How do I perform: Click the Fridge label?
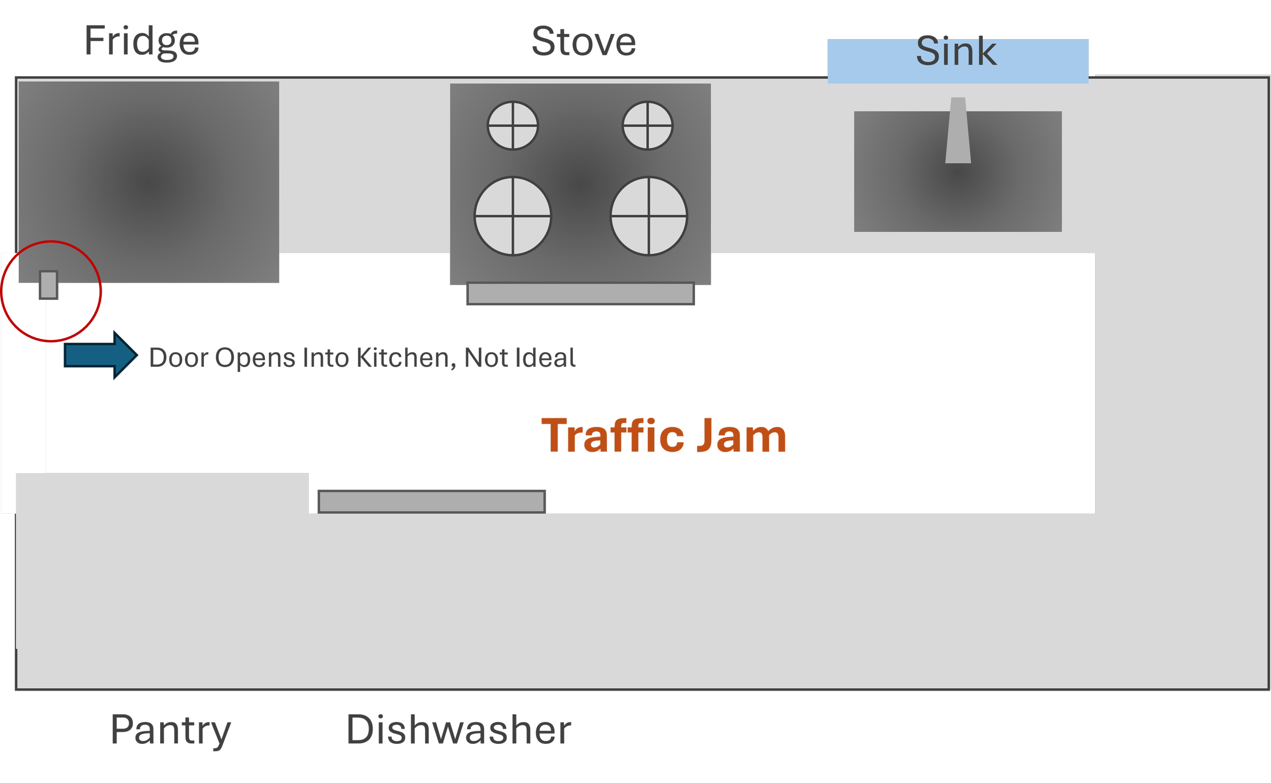coord(141,44)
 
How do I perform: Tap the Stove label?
coord(584,42)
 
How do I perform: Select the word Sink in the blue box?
coord(956,52)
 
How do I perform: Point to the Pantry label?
coord(170,730)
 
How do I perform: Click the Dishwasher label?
coord(459,730)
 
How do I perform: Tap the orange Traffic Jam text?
coord(664,436)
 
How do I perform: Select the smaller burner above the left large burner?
coord(513,126)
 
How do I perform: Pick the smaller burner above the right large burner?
coord(648,126)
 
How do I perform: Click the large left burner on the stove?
coord(513,216)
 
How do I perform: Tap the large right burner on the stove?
coord(649,216)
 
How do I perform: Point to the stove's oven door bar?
coord(580,293)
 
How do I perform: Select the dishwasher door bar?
coord(432,502)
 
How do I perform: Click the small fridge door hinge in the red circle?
coord(49,285)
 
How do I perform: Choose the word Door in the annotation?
coord(179,358)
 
